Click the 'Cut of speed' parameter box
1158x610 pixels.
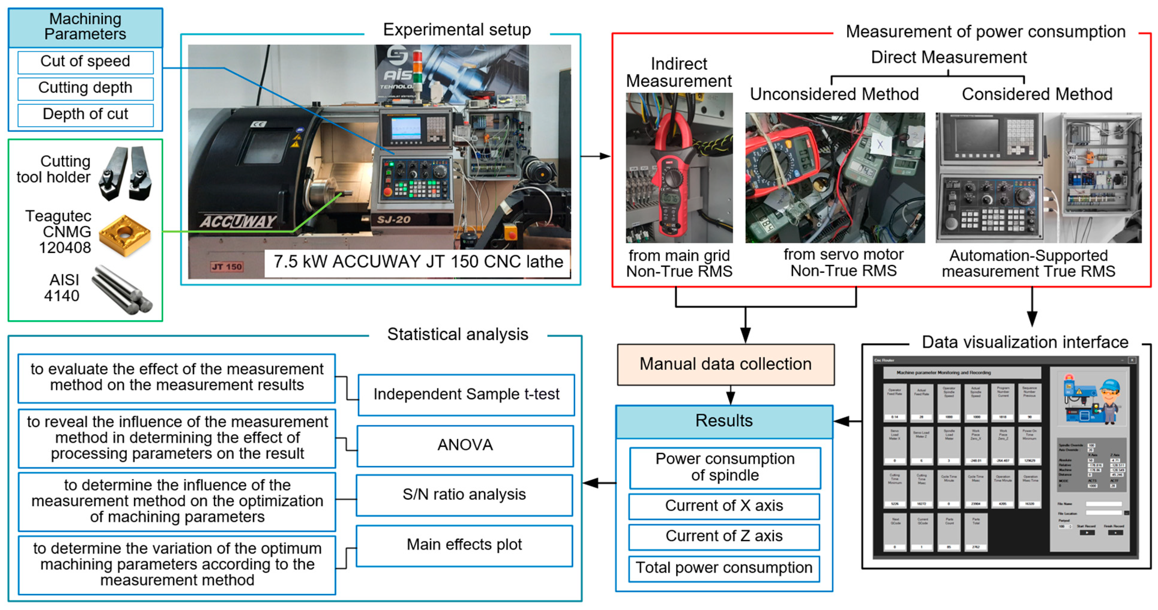[86, 62]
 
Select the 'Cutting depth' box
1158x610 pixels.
[86, 88]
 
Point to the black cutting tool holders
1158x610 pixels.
[126, 173]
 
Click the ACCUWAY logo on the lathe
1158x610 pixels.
[238, 221]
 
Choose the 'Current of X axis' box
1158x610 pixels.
[724, 506]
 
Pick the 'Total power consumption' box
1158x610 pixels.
[724, 568]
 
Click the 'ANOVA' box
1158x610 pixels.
[465, 445]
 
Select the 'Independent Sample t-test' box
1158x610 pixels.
[466, 394]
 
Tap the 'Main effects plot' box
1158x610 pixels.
[464, 545]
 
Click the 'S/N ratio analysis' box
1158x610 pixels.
[464, 494]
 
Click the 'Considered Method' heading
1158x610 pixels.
[1037, 95]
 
